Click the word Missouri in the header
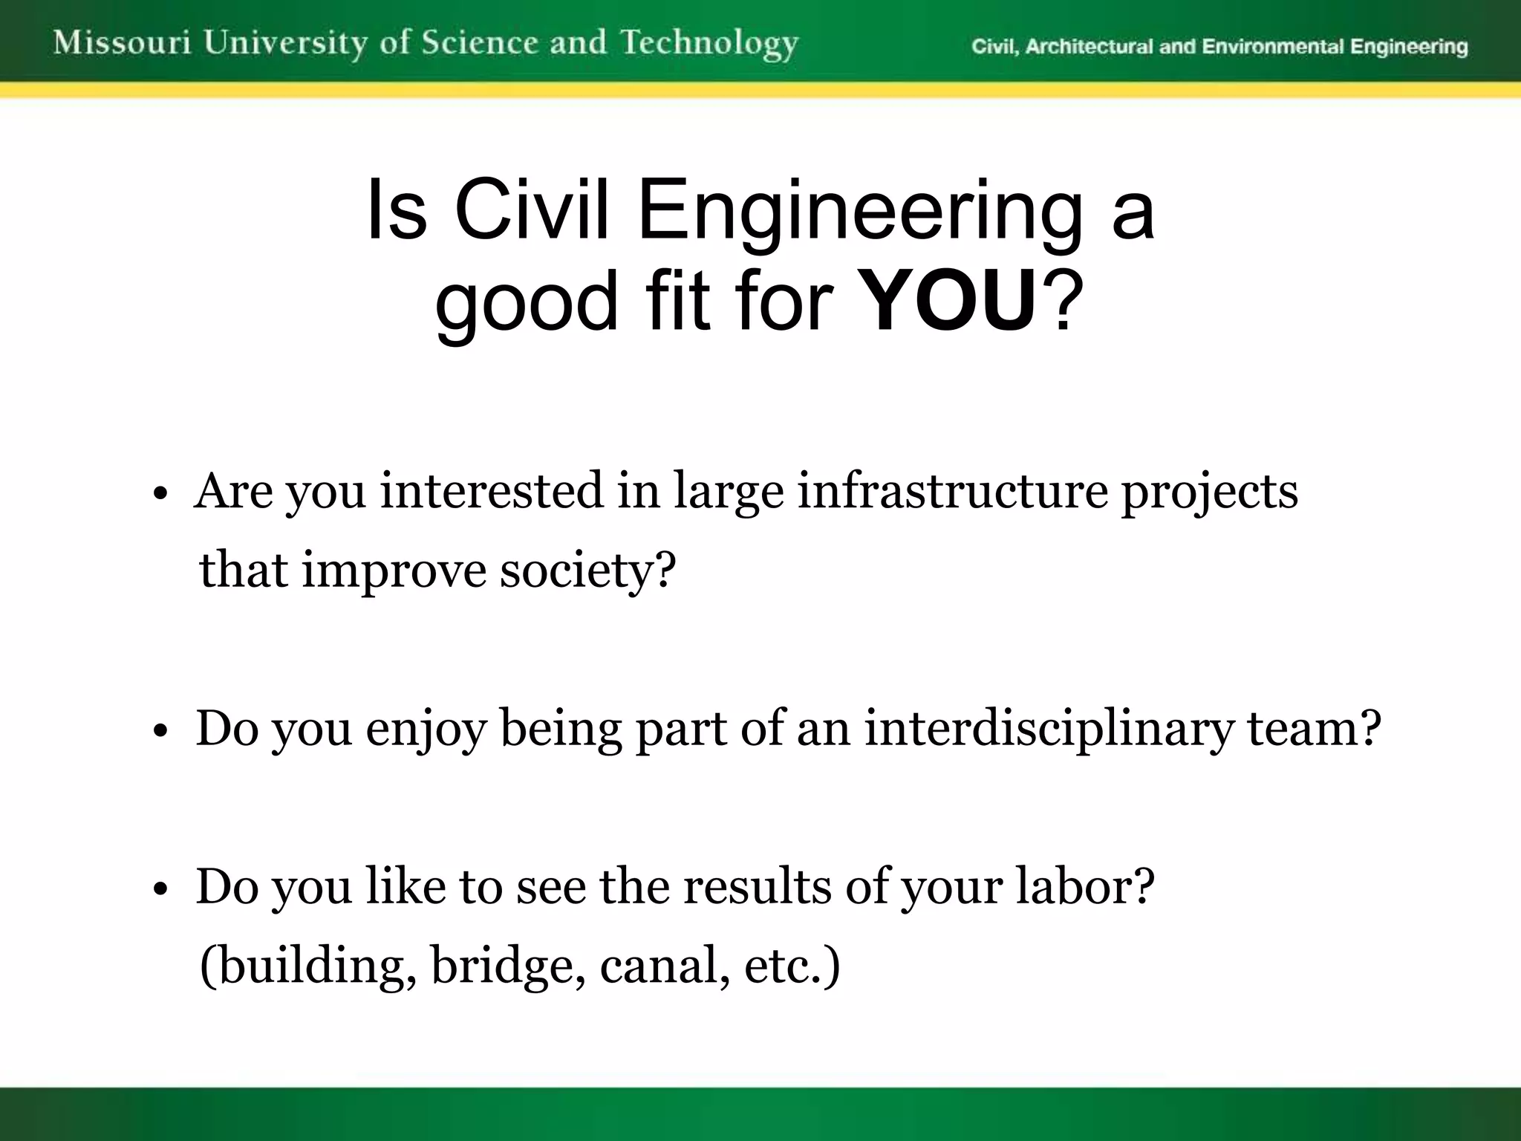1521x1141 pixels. click(x=123, y=43)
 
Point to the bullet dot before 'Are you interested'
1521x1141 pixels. click(x=160, y=495)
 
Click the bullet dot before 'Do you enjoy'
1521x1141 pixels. click(x=160, y=732)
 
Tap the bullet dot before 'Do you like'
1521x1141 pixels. click(x=160, y=890)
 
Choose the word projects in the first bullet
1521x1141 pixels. click(x=1209, y=493)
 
